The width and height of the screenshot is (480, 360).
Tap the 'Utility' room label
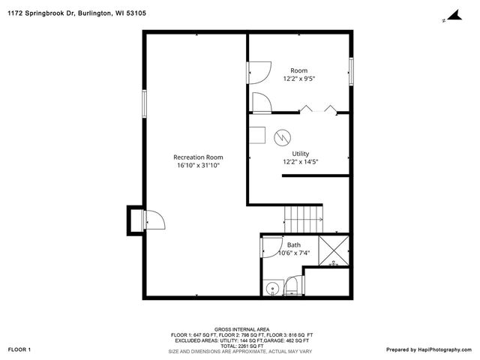(x=300, y=153)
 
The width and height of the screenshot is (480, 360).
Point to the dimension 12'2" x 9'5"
(x=299, y=79)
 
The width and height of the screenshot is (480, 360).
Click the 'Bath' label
(x=294, y=244)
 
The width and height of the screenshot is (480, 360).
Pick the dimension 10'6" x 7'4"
(x=293, y=253)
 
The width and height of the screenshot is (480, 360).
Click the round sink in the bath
(x=272, y=286)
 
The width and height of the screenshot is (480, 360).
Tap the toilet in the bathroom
(x=292, y=286)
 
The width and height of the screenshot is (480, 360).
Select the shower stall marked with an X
(x=334, y=251)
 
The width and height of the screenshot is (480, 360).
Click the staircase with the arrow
(x=304, y=219)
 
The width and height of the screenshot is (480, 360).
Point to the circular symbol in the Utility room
(x=281, y=137)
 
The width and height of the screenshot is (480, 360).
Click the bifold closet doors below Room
(x=319, y=110)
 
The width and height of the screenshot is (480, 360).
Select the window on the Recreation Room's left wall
(x=145, y=103)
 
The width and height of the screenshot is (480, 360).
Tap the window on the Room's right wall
(x=350, y=71)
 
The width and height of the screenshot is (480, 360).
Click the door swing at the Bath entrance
(x=271, y=245)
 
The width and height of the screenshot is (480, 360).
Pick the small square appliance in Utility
(x=257, y=134)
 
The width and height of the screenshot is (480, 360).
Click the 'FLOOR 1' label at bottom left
(x=19, y=349)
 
